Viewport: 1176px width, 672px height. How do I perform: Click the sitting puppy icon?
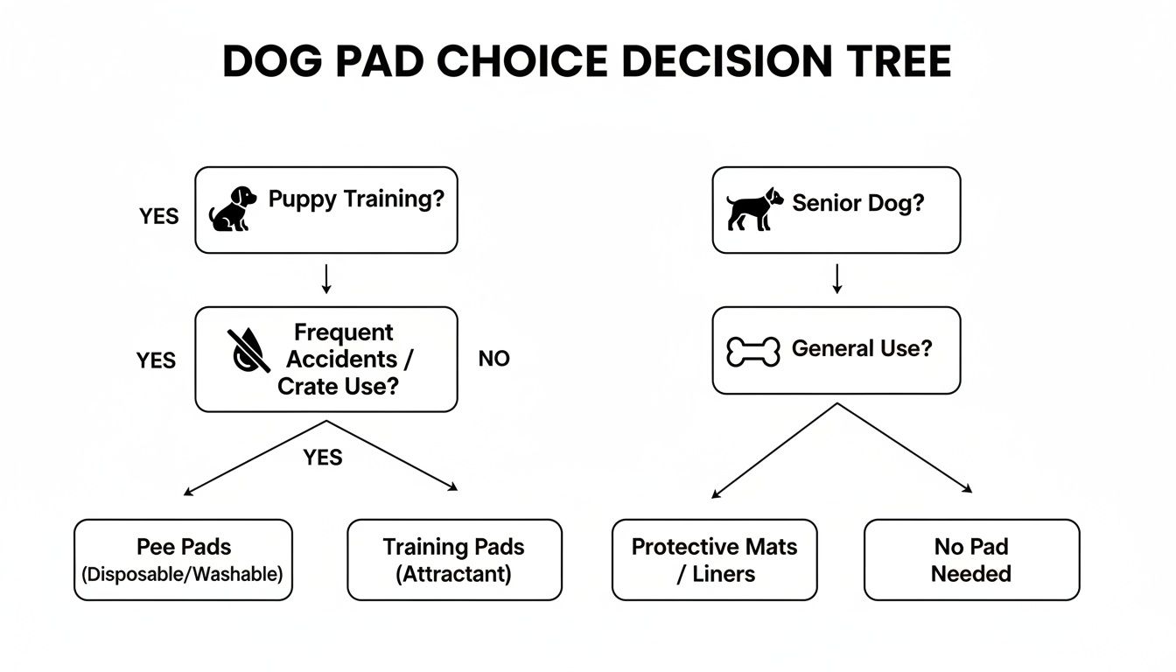click(233, 208)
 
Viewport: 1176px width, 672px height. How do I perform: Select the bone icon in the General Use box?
click(753, 352)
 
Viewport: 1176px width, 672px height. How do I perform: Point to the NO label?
click(493, 359)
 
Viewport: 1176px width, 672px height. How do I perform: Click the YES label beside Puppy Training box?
click(158, 216)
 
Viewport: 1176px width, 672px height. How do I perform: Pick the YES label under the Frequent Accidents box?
click(322, 457)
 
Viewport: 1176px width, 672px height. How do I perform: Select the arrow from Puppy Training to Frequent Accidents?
click(325, 278)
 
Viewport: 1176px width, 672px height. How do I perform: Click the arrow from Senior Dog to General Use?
click(836, 278)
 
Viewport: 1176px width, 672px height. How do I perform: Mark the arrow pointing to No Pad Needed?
click(906, 448)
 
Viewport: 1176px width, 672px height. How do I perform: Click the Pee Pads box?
click(183, 560)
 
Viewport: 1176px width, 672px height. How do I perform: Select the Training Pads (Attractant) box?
click(454, 560)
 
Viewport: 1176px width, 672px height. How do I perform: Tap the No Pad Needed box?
click(971, 560)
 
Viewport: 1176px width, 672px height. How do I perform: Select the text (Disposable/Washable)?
click(183, 575)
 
